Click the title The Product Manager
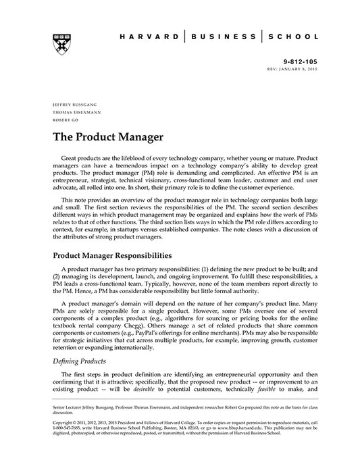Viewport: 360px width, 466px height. click(109, 138)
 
